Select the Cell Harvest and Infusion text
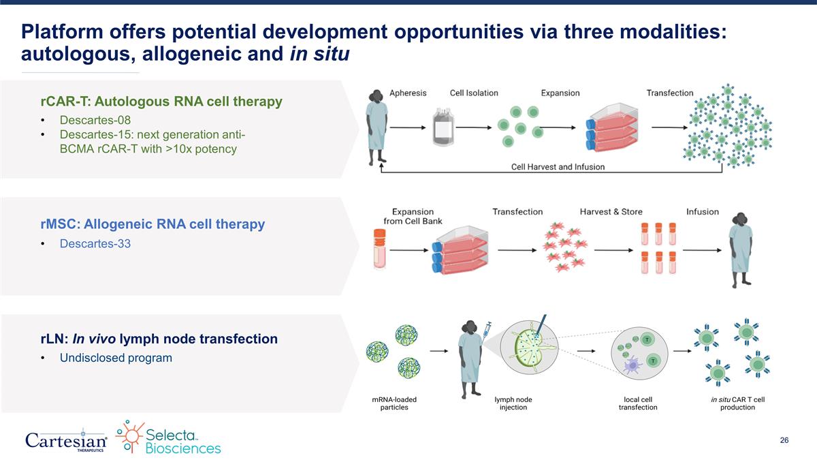(x=558, y=166)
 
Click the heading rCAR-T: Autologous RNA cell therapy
(x=161, y=102)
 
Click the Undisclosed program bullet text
(x=116, y=358)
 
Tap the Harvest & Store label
(x=610, y=211)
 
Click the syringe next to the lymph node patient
(x=487, y=329)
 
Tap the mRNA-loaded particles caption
(x=394, y=403)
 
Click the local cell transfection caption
(x=638, y=403)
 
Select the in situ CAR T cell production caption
(x=737, y=403)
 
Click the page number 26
(x=784, y=441)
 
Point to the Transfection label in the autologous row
(x=669, y=93)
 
